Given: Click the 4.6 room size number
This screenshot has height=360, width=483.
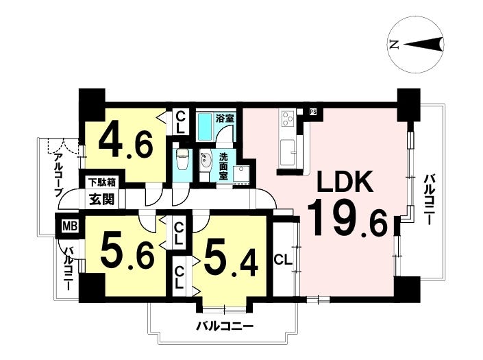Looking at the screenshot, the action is (125, 143).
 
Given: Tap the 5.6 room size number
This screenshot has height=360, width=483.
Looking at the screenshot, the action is (127, 250).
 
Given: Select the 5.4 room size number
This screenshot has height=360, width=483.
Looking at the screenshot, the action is (231, 263).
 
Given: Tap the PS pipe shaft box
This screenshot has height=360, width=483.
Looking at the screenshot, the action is (312, 112).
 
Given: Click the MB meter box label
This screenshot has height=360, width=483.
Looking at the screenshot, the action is (70, 226).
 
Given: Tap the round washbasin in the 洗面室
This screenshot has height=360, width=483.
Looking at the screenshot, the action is (205, 160).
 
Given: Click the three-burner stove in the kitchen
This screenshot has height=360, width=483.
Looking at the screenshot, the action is (287, 118).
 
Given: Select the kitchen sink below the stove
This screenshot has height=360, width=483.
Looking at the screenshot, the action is (287, 152).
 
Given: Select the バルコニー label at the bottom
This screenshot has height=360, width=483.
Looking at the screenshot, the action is (225, 326).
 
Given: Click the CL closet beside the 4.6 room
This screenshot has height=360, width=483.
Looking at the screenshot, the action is (180, 122).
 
